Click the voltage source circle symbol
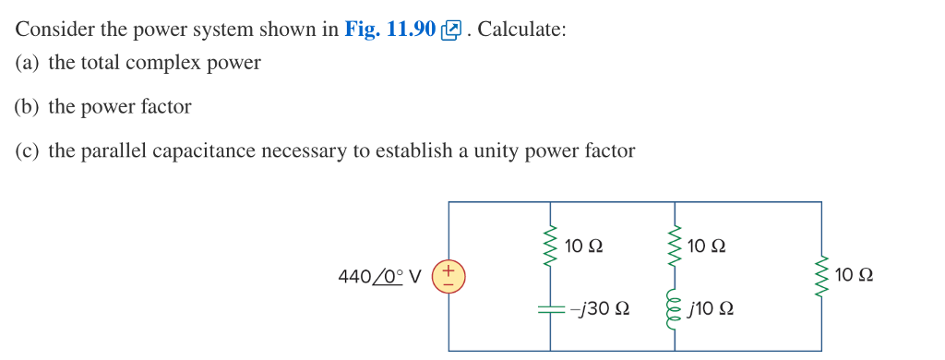click(x=449, y=276)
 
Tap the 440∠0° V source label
click(x=380, y=276)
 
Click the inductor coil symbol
click(x=676, y=307)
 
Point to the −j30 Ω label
click(x=600, y=308)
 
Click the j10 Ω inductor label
click(x=712, y=308)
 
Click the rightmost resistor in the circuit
click(x=820, y=276)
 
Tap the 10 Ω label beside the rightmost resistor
click(x=854, y=275)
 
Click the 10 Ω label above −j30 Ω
click(x=583, y=246)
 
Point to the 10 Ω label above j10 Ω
click(x=707, y=246)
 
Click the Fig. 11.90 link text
click(x=389, y=29)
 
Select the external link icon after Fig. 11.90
click(x=451, y=30)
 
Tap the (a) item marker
click(x=28, y=63)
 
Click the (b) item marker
click(x=28, y=106)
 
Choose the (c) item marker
click(x=28, y=150)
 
